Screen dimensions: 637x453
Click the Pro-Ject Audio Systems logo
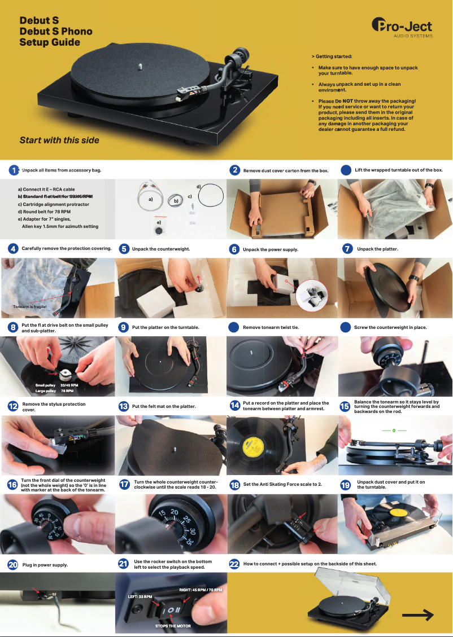pos(402,28)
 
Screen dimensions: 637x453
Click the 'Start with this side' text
pos(59,140)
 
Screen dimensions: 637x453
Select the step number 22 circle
pos(234,564)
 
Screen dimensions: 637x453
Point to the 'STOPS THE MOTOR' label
pos(173,626)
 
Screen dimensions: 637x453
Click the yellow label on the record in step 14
pos(254,448)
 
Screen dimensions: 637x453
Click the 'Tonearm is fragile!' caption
pos(31,307)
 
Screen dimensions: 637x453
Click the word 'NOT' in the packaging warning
pos(348,101)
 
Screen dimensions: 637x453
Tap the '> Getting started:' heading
pos(332,56)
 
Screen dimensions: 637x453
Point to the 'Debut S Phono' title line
pos(56,31)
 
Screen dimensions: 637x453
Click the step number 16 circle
pos(12,485)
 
